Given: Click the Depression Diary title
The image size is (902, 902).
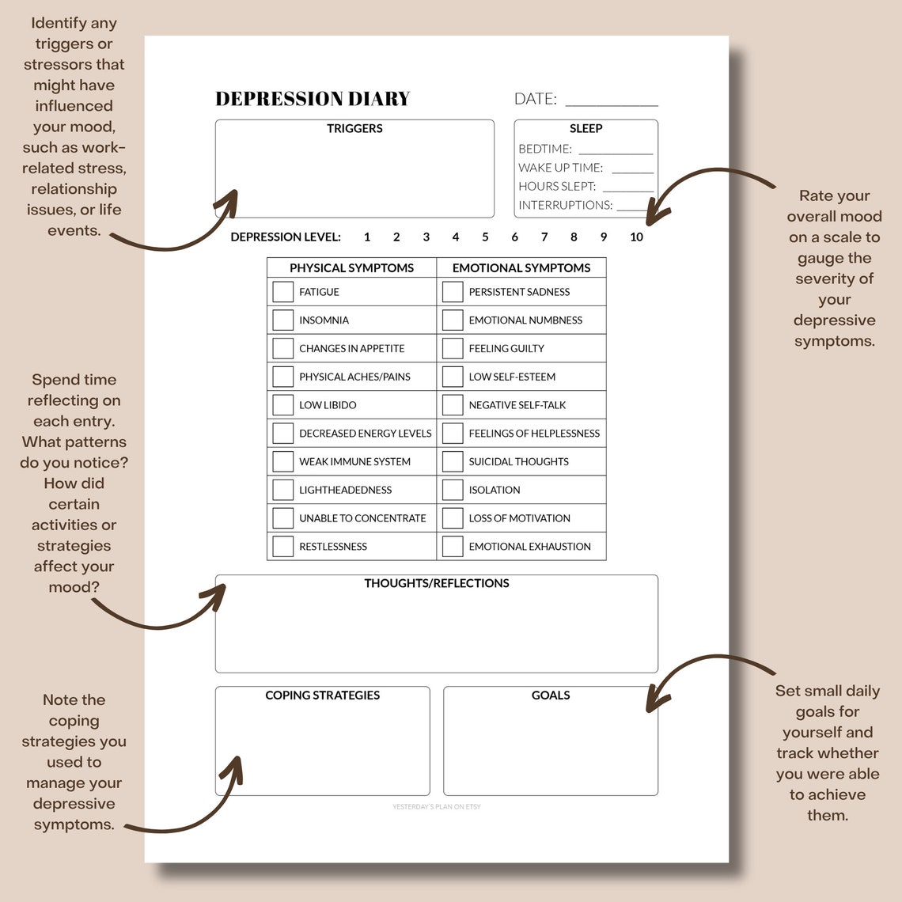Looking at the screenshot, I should pyautogui.click(x=313, y=99).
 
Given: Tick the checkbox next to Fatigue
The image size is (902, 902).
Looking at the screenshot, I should pyautogui.click(x=283, y=292).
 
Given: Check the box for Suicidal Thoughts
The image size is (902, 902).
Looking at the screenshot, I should pyautogui.click(x=453, y=461).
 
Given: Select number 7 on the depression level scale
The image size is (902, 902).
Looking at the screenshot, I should pyautogui.click(x=544, y=237).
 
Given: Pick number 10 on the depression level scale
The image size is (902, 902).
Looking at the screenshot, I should pyautogui.click(x=636, y=237).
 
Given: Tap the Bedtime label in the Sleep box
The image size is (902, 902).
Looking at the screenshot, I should pyautogui.click(x=545, y=149).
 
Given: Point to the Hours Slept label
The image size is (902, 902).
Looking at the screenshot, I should pyautogui.click(x=557, y=186).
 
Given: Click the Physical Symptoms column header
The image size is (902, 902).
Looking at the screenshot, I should pyautogui.click(x=351, y=267).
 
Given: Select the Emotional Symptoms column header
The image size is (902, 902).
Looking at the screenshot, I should pyautogui.click(x=521, y=267).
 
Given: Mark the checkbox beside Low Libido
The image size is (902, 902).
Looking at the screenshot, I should pyautogui.click(x=283, y=405).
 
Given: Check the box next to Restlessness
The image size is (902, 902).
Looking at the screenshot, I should pyautogui.click(x=283, y=546).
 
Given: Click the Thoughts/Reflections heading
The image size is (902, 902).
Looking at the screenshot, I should pyautogui.click(x=437, y=583).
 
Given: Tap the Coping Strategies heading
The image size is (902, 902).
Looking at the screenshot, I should pyautogui.click(x=322, y=695).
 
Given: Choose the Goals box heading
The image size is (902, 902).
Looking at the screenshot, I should pyautogui.click(x=551, y=695).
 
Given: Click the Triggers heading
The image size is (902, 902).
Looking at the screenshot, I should pyautogui.click(x=354, y=128).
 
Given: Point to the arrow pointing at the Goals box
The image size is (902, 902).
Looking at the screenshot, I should pyautogui.click(x=696, y=669).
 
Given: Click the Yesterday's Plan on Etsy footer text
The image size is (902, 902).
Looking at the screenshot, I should pyautogui.click(x=437, y=807).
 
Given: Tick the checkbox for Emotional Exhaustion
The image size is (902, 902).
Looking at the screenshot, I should pyautogui.click(x=453, y=546).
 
